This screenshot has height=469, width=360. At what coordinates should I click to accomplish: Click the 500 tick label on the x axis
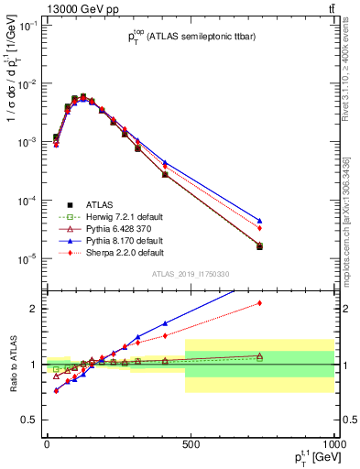[x=190, y=443]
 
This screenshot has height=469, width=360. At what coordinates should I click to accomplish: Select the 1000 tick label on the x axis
[x=332, y=443]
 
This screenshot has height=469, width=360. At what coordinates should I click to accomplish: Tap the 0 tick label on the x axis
[x=47, y=443]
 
